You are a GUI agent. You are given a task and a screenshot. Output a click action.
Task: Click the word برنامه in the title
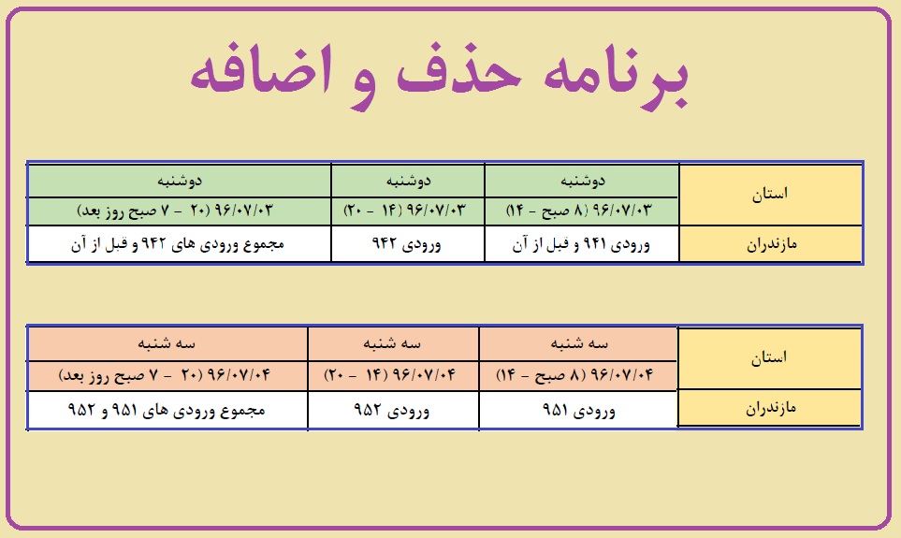click(616, 78)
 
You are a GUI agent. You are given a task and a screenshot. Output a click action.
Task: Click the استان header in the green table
click(770, 195)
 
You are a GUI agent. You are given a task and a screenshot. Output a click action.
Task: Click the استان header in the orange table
click(769, 358)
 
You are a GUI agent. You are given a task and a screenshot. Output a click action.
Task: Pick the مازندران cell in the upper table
click(771, 244)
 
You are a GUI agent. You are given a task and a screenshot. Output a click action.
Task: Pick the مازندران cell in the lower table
click(770, 408)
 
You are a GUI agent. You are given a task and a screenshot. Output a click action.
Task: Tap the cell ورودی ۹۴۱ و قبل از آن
click(582, 244)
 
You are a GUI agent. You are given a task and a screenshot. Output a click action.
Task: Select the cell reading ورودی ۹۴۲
click(407, 244)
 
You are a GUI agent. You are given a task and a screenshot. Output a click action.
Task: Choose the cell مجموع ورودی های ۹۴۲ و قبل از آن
click(179, 244)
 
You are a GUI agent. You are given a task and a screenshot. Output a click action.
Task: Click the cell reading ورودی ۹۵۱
click(578, 410)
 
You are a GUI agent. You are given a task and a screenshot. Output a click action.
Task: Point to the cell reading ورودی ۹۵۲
click(393, 410)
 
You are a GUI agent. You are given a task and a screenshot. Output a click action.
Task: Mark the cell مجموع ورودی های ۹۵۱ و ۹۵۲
click(167, 410)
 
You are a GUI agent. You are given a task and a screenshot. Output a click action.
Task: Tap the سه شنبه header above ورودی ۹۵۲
click(393, 344)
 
